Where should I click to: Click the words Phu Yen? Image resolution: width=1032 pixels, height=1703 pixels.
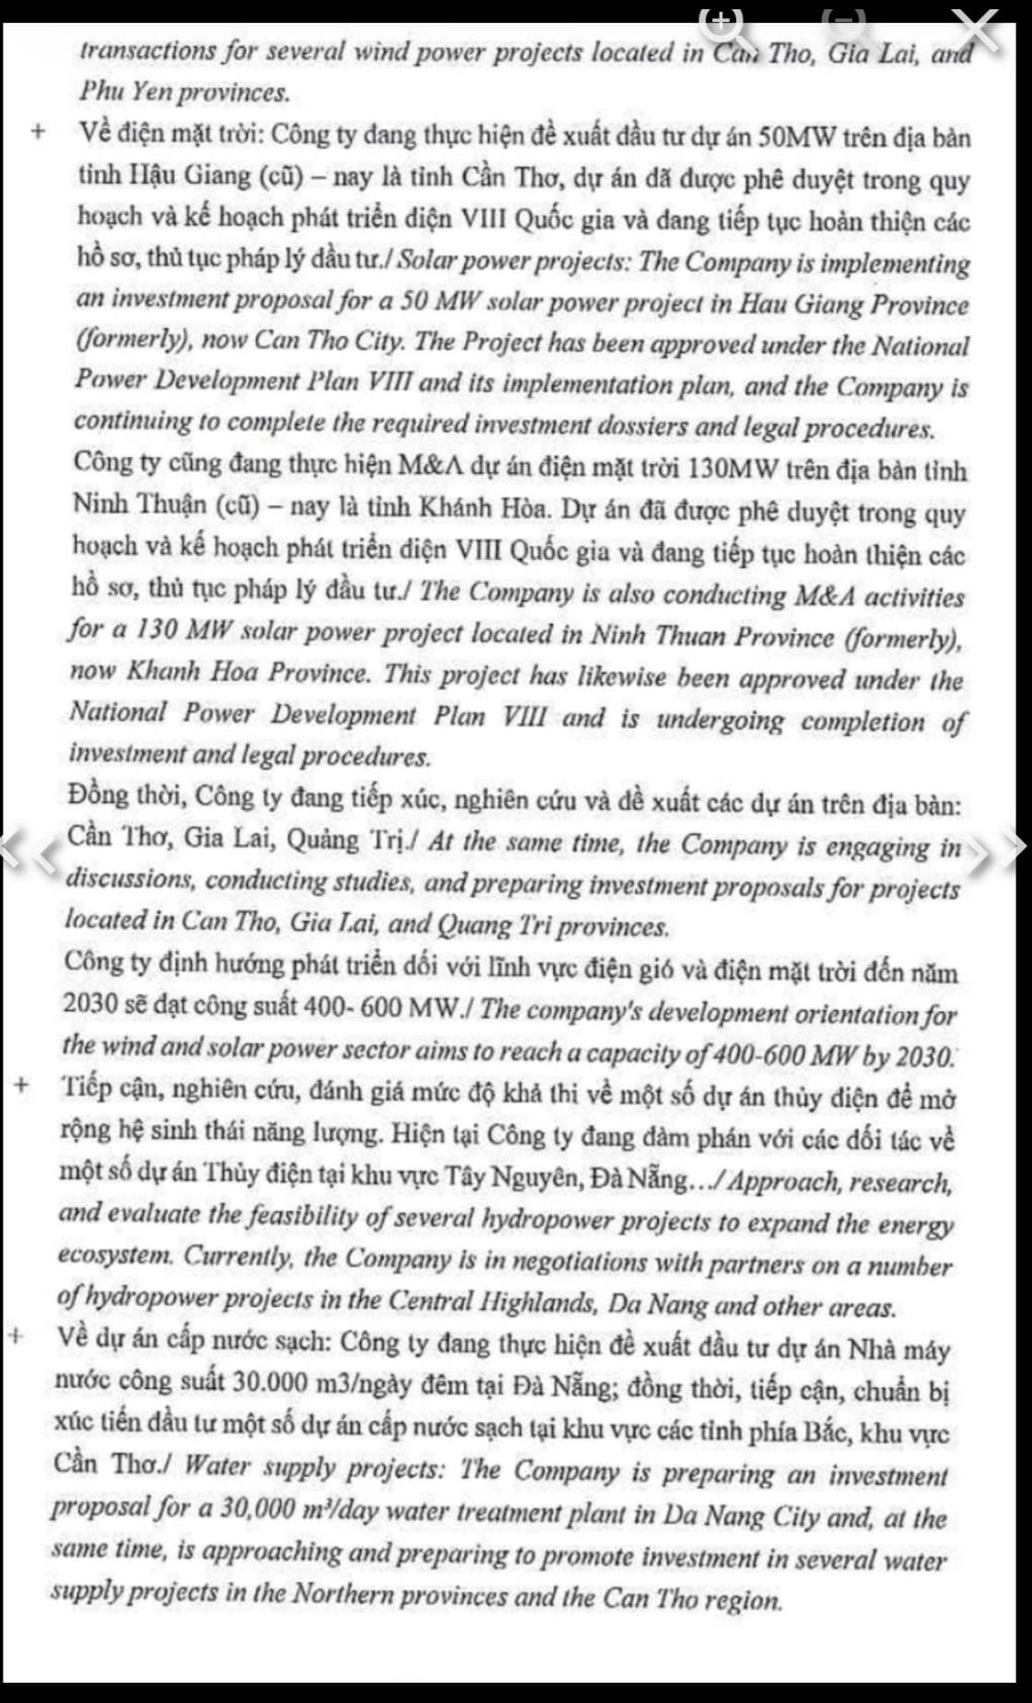tap(128, 92)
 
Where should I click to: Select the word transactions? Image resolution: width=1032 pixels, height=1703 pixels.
tap(146, 51)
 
